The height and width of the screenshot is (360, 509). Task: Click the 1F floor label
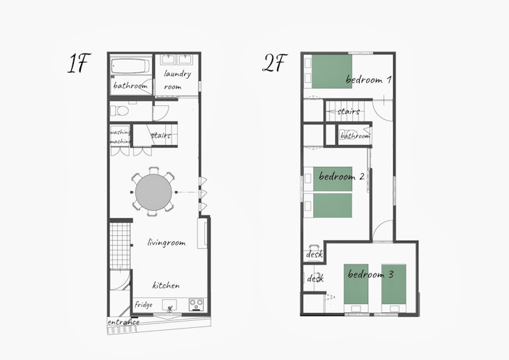click(78, 63)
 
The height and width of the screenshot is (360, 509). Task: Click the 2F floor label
click(275, 63)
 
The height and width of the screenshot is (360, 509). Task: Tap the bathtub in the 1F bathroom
click(131, 66)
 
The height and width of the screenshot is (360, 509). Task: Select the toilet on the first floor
click(119, 111)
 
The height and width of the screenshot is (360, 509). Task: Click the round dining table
click(153, 192)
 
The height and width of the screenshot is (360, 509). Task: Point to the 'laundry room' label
click(177, 80)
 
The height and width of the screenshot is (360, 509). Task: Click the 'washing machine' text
click(120, 137)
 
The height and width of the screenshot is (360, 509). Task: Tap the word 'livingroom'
click(167, 243)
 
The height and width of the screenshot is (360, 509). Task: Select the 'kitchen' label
click(166, 285)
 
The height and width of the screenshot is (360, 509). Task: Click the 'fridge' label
click(144, 305)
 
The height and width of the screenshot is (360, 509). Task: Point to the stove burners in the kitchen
click(196, 305)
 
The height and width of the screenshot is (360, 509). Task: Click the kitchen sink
click(169, 306)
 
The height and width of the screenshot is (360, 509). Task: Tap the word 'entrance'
click(123, 322)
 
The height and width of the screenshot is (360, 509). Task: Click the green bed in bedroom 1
click(332, 71)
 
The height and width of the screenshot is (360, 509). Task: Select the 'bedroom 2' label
click(342, 177)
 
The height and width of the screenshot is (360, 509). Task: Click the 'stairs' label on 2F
click(349, 112)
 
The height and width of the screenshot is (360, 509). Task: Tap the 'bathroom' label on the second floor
click(356, 135)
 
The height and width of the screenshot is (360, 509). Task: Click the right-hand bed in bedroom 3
click(393, 284)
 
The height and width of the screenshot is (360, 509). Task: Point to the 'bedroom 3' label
click(371, 274)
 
